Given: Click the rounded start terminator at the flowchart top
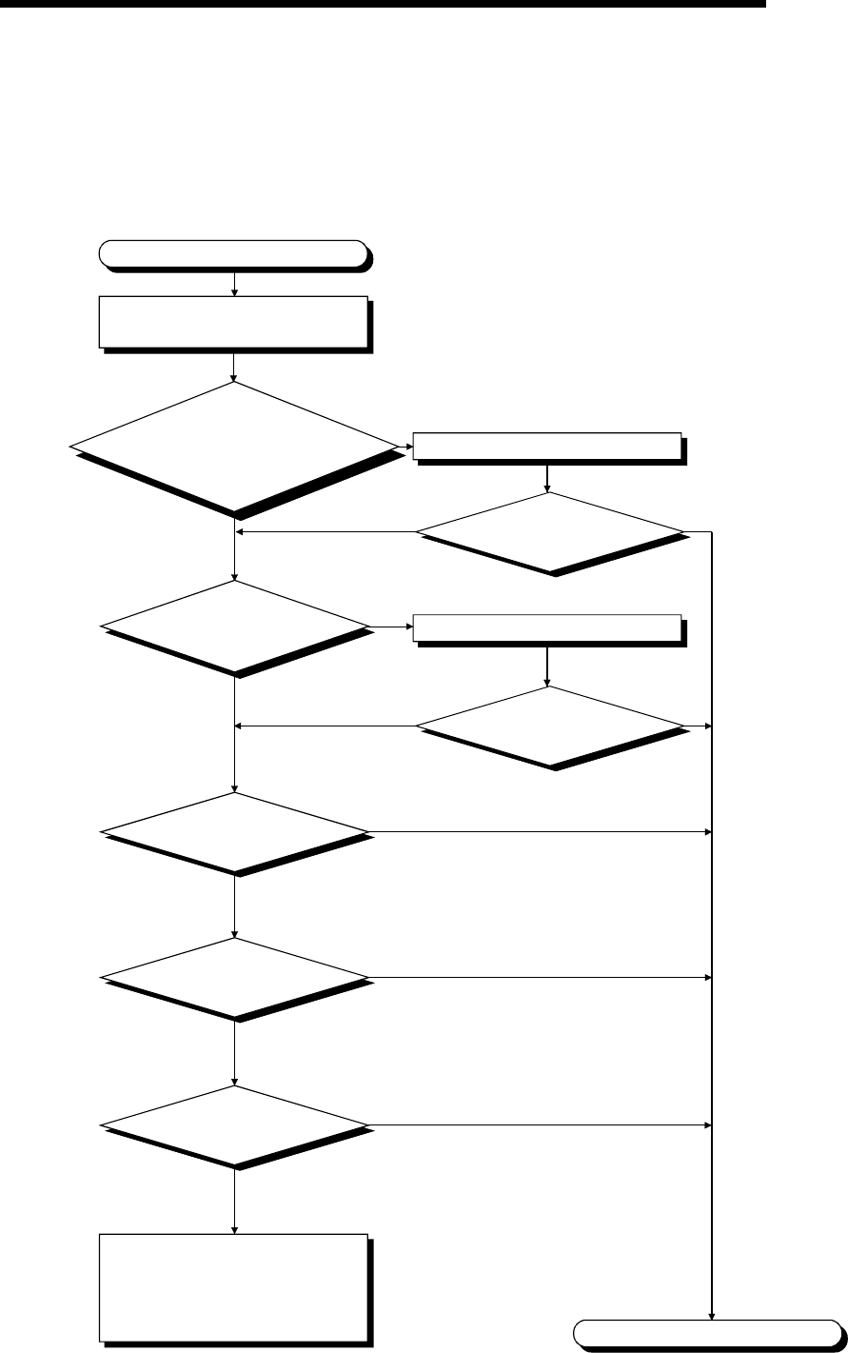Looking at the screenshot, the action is [233, 252].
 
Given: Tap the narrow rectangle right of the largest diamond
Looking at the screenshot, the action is [546, 445].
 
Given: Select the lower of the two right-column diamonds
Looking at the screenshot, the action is [550, 726].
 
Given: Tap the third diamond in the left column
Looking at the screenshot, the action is [235, 831].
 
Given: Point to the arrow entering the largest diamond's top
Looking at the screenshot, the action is [234, 367].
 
